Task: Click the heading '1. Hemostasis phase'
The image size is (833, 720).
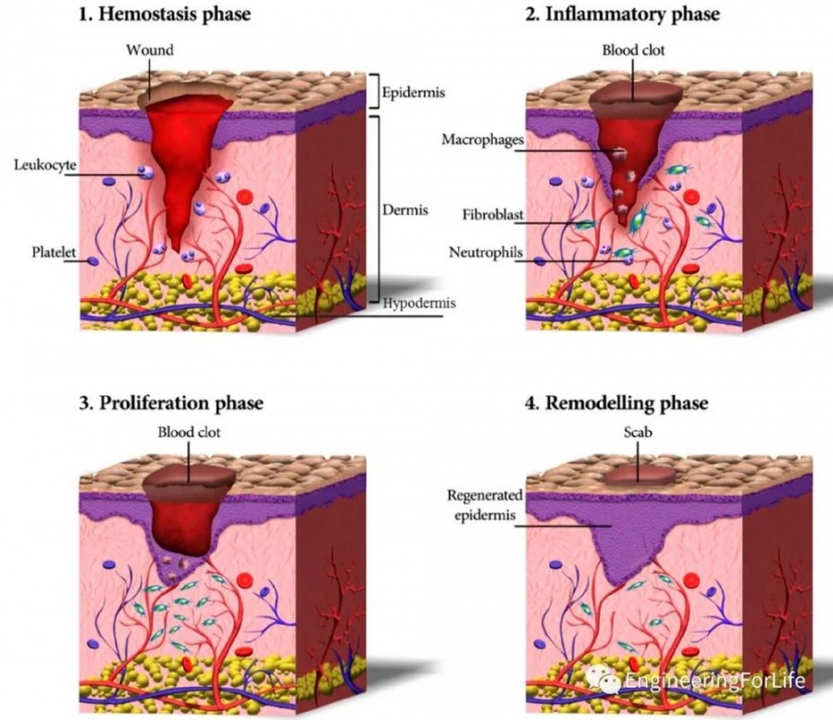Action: (165, 15)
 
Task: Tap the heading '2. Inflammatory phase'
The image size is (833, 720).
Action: (622, 15)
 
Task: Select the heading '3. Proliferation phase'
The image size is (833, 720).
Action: (171, 403)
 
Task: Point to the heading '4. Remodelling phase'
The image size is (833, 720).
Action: (616, 403)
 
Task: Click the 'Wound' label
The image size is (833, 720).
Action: (150, 50)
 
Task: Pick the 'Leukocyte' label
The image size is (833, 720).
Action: (45, 166)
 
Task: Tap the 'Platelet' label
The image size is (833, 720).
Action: (54, 252)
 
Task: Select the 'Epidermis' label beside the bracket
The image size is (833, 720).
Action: (414, 93)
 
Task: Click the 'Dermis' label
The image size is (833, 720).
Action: (404, 210)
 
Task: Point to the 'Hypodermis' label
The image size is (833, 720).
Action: (419, 304)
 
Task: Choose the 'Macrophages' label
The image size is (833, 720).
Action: (482, 140)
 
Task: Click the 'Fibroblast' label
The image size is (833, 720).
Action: (492, 215)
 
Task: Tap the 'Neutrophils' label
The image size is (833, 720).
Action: (486, 253)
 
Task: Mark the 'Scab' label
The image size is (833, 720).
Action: (638, 432)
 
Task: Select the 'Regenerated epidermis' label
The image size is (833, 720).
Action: (484, 505)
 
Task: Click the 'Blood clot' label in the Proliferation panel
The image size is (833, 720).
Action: (189, 432)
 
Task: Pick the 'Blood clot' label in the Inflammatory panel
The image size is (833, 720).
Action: (633, 50)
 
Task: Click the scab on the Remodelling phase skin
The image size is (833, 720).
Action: (639, 475)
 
